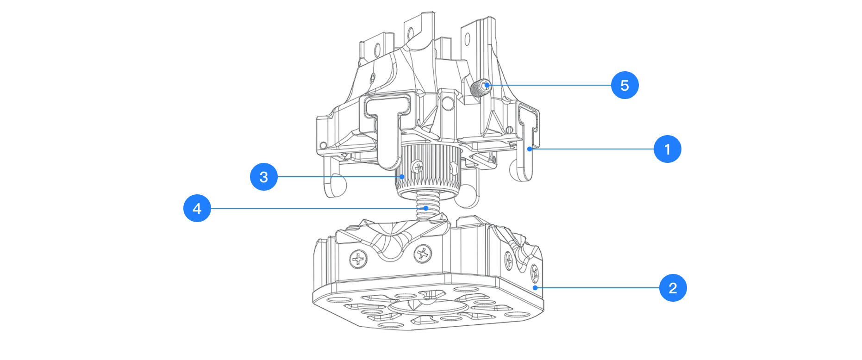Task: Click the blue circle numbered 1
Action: [x=667, y=149]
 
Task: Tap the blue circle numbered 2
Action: [x=673, y=288]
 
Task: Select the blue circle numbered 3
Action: [x=264, y=177]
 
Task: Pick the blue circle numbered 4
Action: [x=197, y=208]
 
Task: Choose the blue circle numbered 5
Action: [x=625, y=85]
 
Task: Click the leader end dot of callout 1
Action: [x=530, y=149]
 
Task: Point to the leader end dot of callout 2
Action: [x=535, y=288]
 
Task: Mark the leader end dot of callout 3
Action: [x=402, y=177]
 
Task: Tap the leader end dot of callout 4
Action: [x=426, y=208]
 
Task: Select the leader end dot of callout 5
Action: [x=487, y=85]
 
